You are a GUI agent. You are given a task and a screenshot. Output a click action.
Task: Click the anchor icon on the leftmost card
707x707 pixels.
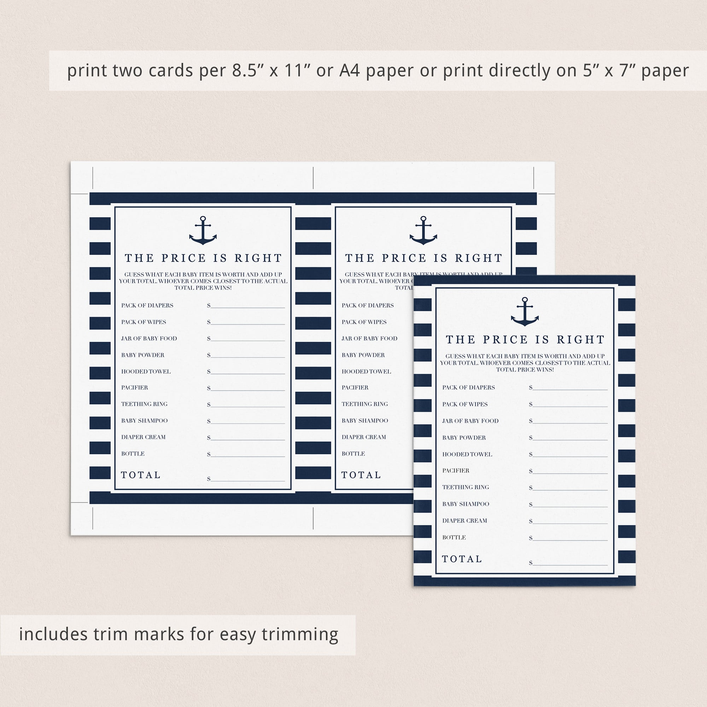point(203,230)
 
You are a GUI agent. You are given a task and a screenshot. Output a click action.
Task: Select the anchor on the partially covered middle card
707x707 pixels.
point(423,230)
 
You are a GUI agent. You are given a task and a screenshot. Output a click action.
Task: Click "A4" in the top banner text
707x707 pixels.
point(350,71)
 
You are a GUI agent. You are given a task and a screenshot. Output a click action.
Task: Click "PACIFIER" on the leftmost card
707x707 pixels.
point(135,387)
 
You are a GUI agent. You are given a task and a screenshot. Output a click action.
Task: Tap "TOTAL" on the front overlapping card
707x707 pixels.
point(462,559)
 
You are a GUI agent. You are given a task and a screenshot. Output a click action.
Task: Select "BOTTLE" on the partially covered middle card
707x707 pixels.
point(353,454)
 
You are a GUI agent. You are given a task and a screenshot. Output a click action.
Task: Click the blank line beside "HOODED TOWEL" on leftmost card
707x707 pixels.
point(248,374)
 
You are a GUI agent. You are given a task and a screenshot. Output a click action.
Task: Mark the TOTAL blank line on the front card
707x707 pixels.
point(570,565)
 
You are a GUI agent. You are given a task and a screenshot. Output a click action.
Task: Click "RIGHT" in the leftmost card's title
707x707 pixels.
point(258,258)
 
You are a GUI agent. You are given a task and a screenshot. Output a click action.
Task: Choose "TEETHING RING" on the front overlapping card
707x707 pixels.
point(466,487)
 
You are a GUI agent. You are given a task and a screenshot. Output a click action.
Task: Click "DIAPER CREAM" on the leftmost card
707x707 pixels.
point(144,437)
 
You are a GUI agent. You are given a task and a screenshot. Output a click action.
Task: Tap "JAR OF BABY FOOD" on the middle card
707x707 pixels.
point(370,339)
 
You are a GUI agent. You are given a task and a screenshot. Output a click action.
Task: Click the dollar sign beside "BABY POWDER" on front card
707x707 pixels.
point(531,438)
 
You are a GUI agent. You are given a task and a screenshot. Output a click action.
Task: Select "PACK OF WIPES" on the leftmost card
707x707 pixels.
point(144,322)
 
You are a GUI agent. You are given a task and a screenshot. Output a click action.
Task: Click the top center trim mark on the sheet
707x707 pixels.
point(313,178)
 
